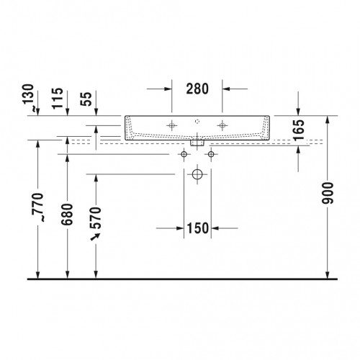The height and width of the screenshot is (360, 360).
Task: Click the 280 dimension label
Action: [x=197, y=89]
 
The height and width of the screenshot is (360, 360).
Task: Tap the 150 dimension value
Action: [x=197, y=228]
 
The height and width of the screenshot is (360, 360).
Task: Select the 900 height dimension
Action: [x=328, y=193]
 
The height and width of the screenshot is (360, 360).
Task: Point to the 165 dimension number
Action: [x=298, y=130]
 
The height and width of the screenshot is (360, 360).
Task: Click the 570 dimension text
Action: [x=96, y=217]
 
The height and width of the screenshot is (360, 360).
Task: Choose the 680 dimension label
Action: [x=67, y=215]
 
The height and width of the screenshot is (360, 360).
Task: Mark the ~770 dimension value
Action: [x=38, y=207]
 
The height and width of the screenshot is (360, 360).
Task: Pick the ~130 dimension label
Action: [x=29, y=98]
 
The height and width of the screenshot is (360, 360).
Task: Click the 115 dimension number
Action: [x=58, y=98]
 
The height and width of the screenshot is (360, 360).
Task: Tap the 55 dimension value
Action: [x=86, y=99]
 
